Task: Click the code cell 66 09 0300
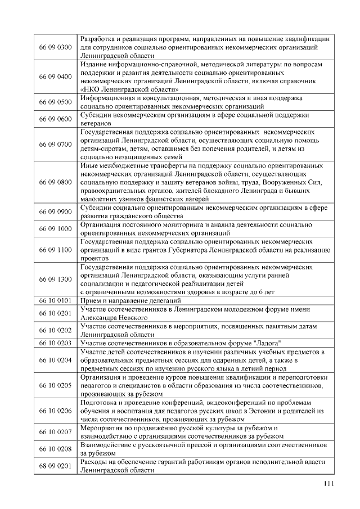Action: coord(56,47)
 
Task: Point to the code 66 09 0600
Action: coord(56,119)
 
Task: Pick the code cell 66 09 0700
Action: coord(56,145)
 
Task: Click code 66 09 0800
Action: coord(56,183)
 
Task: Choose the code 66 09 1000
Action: coord(56,229)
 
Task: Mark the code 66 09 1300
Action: coord(56,280)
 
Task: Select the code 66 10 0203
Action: coord(56,343)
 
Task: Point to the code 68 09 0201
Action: coord(56,466)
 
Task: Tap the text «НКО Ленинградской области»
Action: coord(130,89)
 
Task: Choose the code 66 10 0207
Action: coord(56,432)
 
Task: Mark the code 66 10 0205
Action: coord(56,385)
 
